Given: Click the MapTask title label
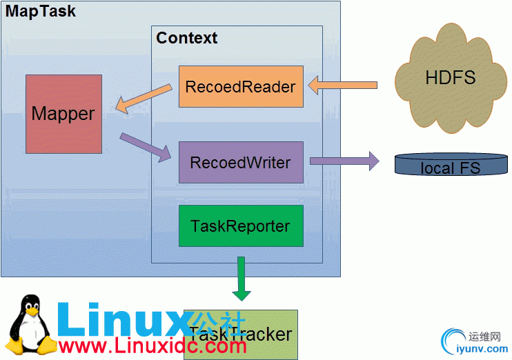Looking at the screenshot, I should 41,12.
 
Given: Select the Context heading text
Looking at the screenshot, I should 186,38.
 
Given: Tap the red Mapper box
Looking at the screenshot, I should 63,114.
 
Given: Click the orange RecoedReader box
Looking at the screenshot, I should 241,86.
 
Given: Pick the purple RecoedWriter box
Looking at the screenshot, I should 241,162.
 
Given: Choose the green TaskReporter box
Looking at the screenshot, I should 241,226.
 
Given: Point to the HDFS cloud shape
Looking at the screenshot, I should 450,77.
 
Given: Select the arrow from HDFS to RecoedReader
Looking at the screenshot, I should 342,86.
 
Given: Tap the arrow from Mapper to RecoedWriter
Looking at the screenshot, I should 145,147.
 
